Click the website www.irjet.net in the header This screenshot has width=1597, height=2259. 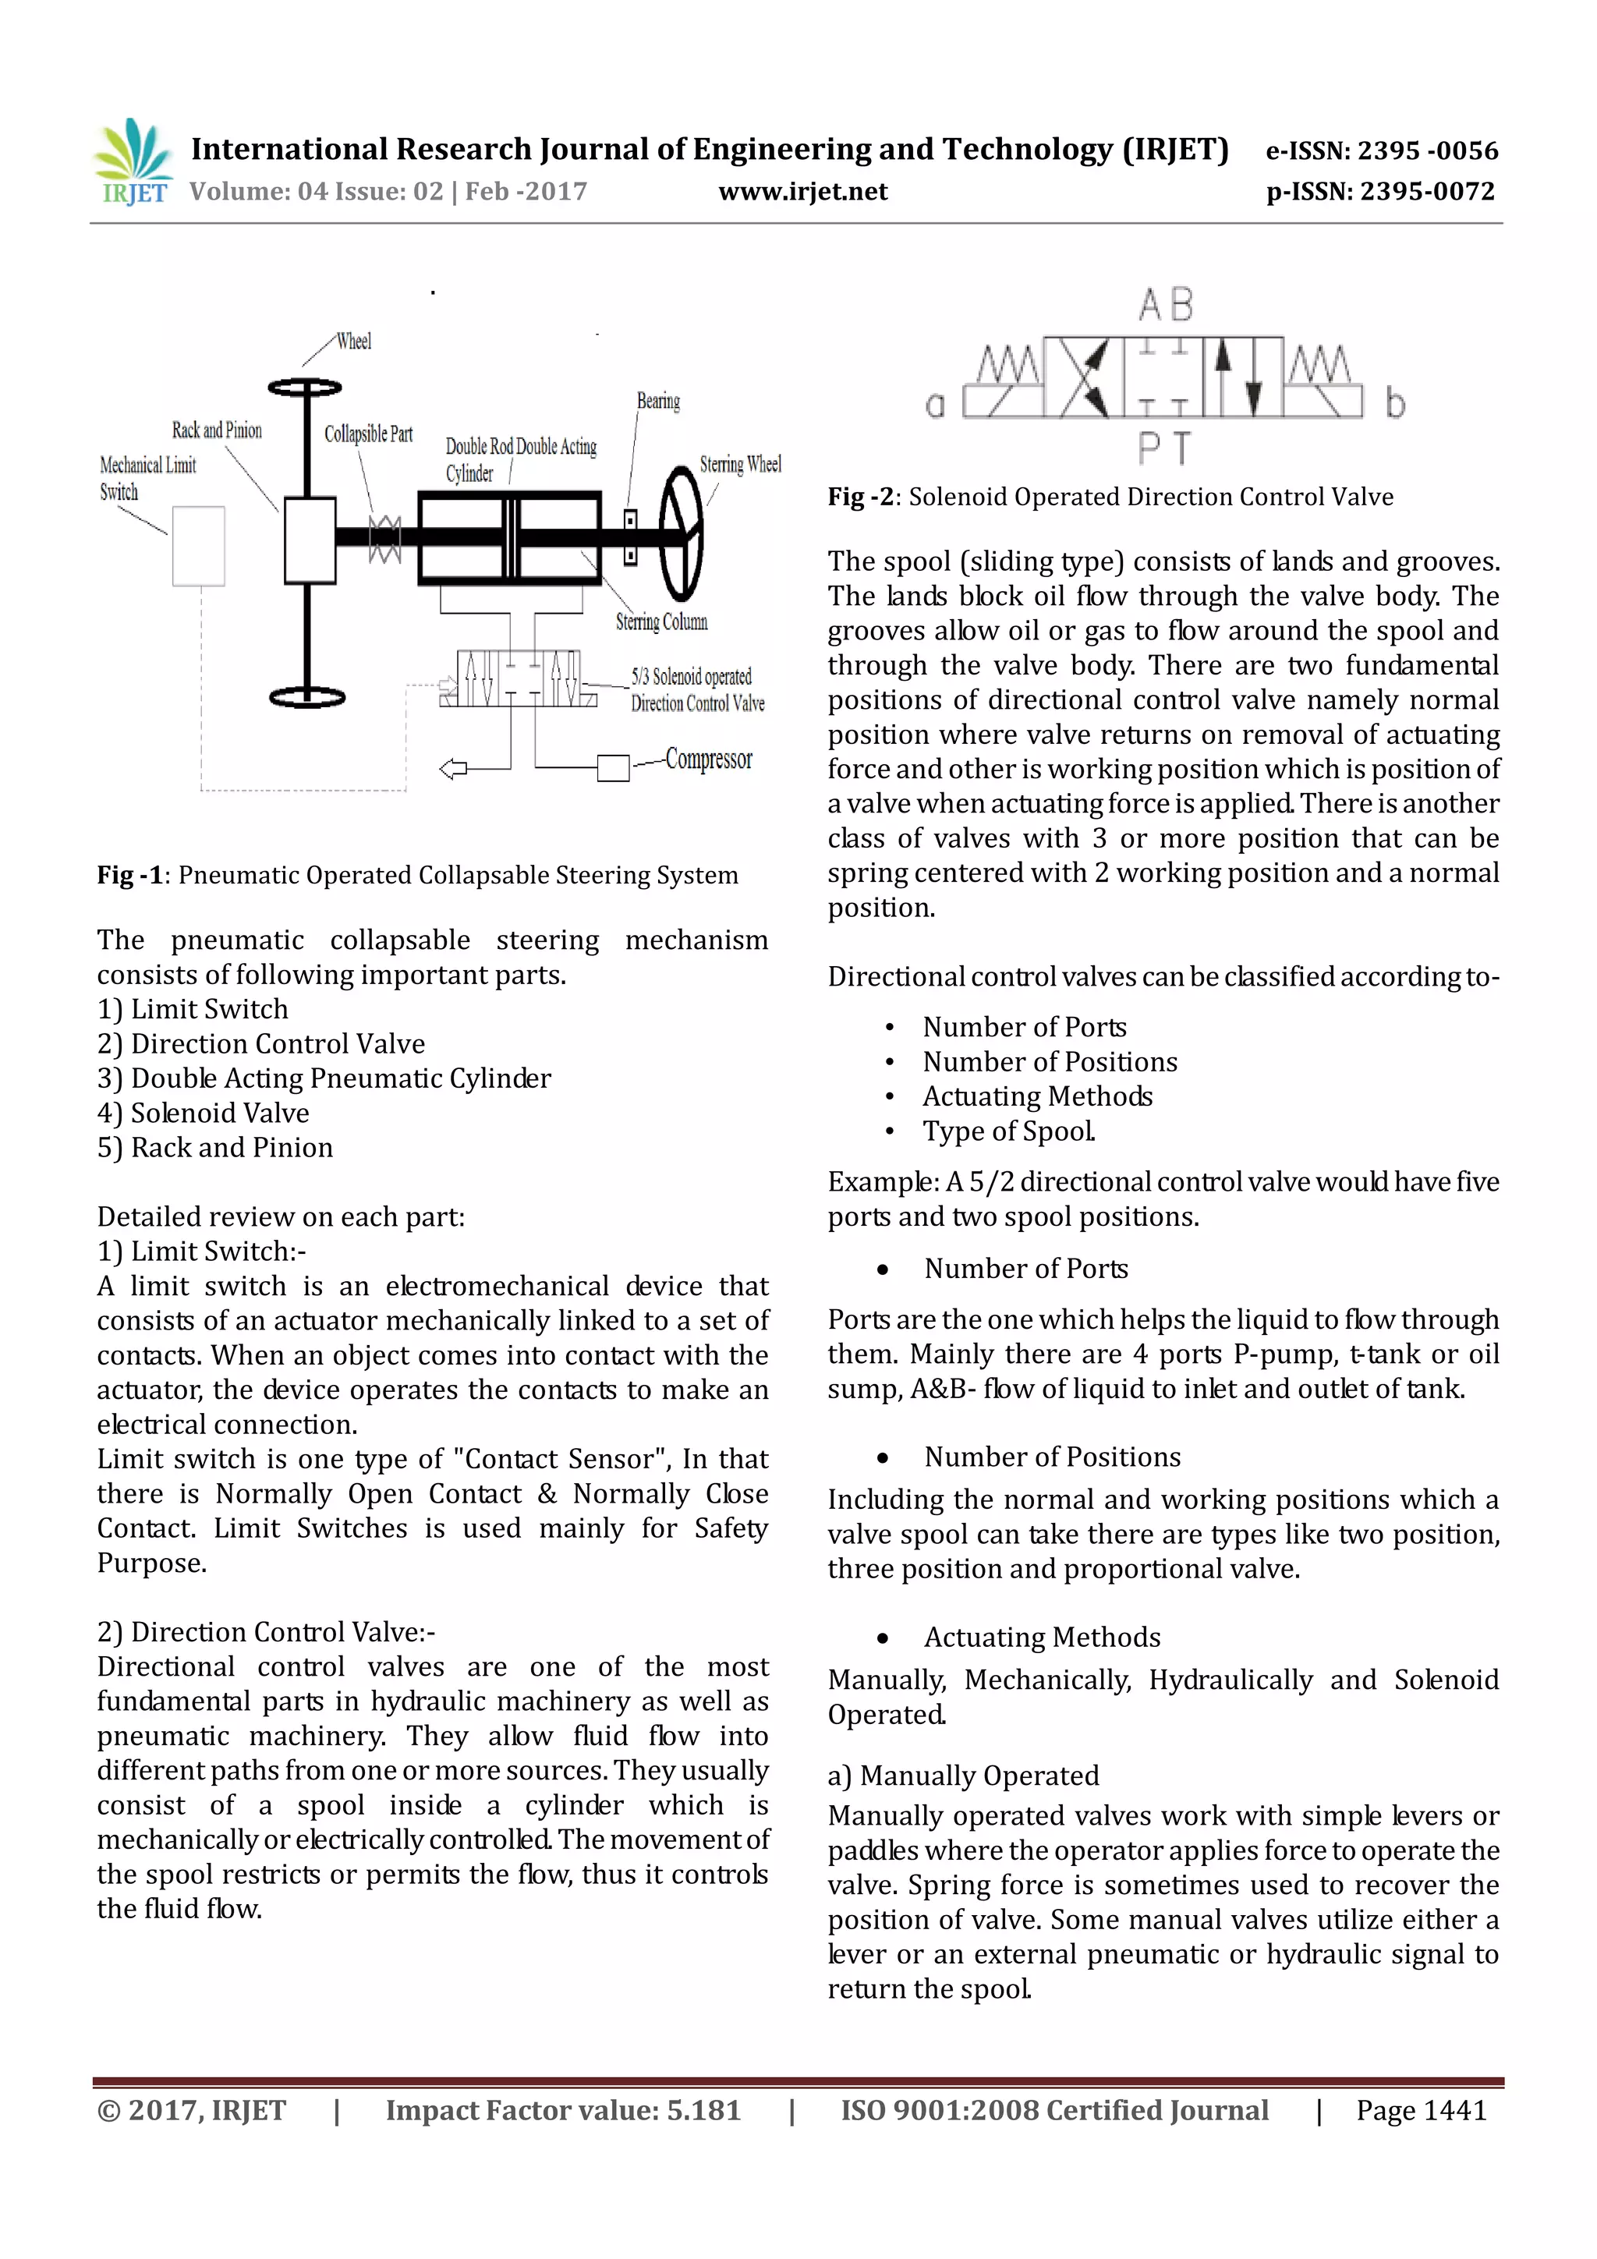(803, 192)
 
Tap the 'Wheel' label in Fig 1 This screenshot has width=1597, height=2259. (353, 342)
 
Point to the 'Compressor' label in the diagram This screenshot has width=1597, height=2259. (709, 759)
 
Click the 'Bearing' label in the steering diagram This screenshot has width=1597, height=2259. (658, 401)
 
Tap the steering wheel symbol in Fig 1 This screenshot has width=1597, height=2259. (681, 533)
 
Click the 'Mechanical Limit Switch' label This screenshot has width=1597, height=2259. (147, 478)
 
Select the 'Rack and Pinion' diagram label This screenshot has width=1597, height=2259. (217, 430)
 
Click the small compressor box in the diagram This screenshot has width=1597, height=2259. (613, 767)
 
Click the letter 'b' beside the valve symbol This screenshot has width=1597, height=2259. (1394, 403)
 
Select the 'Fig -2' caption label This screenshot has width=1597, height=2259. (860, 497)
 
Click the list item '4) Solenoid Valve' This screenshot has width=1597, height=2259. (203, 1113)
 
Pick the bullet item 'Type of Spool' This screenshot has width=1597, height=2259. (1007, 1131)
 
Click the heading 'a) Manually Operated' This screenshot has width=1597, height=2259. (963, 1776)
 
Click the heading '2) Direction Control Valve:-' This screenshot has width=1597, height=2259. (266, 1632)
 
